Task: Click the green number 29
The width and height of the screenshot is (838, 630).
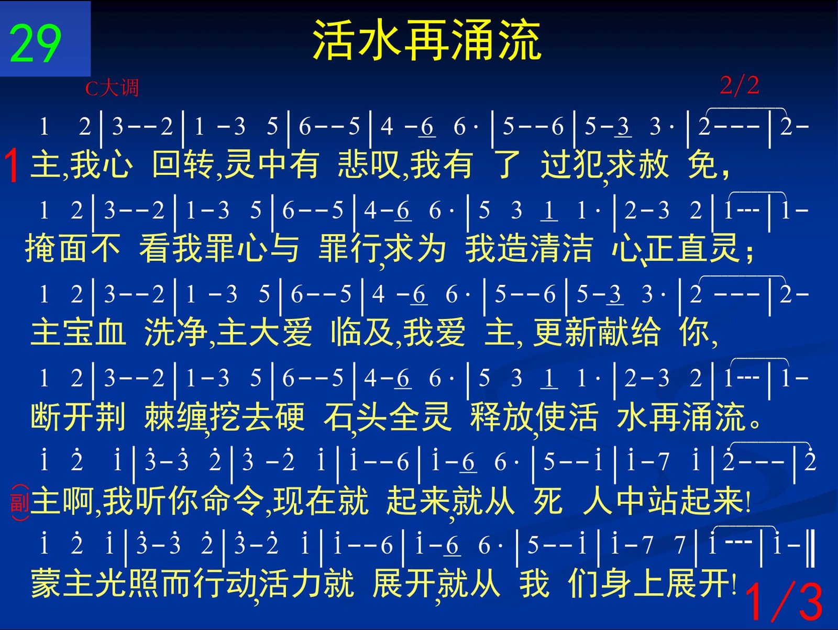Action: click(35, 43)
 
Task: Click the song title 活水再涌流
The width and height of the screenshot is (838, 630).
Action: click(427, 40)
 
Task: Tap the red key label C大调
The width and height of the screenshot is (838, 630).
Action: click(112, 88)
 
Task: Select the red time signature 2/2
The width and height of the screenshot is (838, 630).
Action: click(740, 85)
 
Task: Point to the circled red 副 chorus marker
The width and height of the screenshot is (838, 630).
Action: click(20, 503)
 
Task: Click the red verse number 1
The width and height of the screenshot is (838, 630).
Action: click(12, 165)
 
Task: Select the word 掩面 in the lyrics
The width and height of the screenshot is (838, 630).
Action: click(56, 248)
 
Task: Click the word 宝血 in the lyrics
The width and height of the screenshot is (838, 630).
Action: click(95, 333)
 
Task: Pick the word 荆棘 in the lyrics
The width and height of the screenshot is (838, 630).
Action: click(136, 416)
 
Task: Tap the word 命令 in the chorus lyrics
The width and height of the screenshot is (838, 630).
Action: click(233, 501)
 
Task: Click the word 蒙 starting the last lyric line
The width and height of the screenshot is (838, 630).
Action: click(46, 583)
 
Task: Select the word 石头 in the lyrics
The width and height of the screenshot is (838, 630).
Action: click(356, 416)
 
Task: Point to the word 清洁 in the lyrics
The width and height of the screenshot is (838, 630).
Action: click(561, 248)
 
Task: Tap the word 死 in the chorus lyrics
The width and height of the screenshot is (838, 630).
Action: click(548, 501)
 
